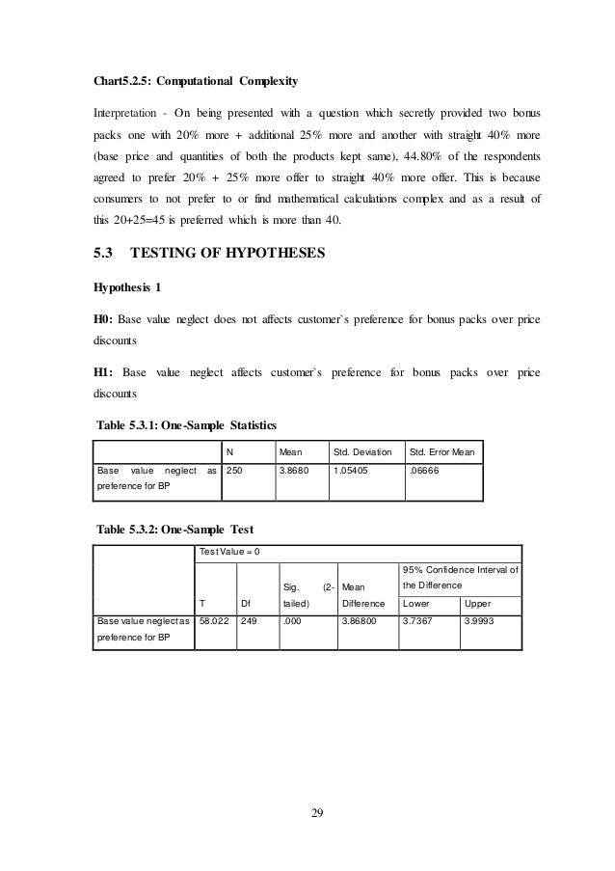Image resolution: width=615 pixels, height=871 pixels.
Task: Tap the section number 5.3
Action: [x=102, y=255]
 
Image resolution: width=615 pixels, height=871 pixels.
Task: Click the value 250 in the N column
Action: [x=235, y=472]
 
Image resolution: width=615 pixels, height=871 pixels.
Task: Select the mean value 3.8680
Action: [x=293, y=472]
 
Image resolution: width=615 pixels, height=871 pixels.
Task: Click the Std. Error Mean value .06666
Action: [x=424, y=472]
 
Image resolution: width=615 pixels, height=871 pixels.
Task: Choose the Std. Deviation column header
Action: [x=361, y=449]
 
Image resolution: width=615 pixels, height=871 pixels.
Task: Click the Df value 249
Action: [x=250, y=623]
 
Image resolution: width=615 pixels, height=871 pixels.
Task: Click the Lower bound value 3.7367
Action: [x=418, y=623]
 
